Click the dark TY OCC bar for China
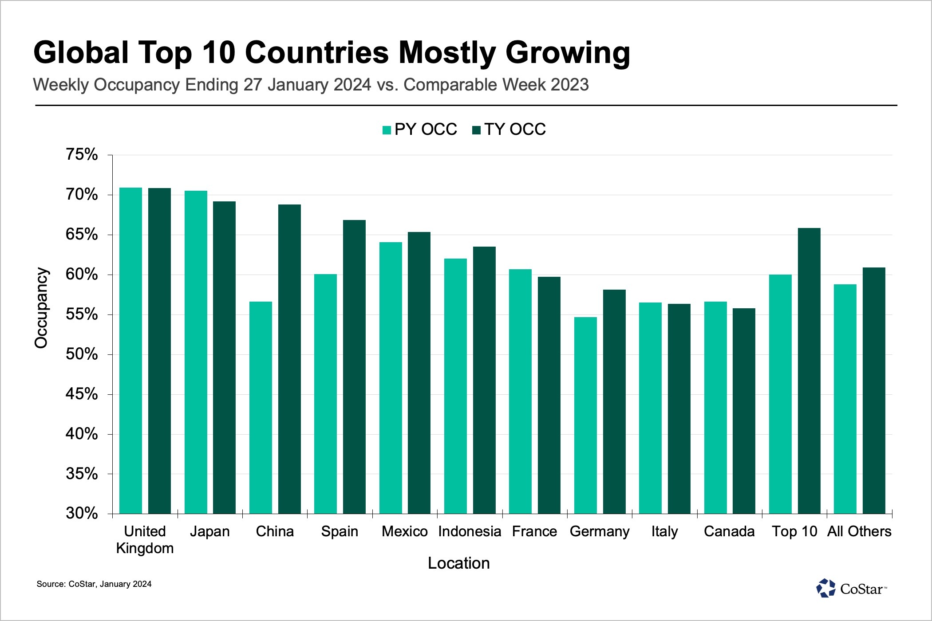click(x=289, y=359)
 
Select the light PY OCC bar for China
click(x=261, y=408)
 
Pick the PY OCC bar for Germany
click(x=585, y=415)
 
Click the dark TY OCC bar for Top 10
click(x=809, y=371)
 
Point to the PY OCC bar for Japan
click(x=196, y=352)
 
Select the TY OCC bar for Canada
click(x=744, y=411)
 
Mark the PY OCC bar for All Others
click(x=845, y=399)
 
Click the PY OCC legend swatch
click(x=387, y=130)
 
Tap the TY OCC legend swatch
click(x=477, y=130)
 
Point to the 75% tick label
click(x=82, y=155)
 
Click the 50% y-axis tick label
click(x=82, y=354)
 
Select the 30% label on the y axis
click(x=82, y=513)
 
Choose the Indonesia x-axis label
click(x=470, y=531)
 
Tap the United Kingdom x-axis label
click(x=145, y=539)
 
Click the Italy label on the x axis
click(x=664, y=531)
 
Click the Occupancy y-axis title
click(x=41, y=308)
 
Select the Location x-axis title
click(x=458, y=563)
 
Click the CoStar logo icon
click(x=825, y=589)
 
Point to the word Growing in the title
click(x=568, y=53)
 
